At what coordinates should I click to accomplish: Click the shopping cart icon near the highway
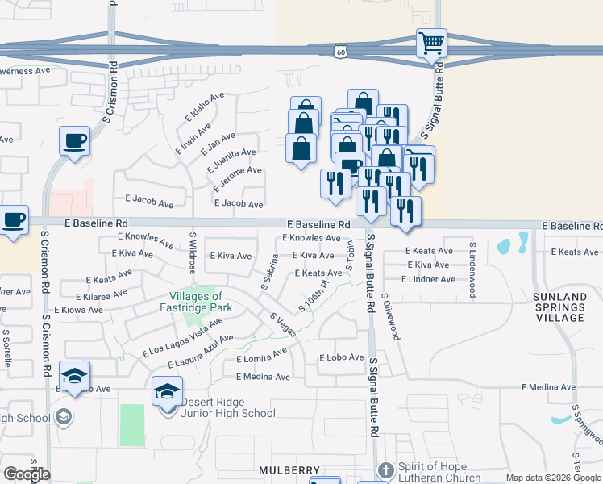(x=431, y=42)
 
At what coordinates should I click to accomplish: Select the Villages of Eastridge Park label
(x=200, y=302)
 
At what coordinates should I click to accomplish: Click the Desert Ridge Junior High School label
(x=227, y=407)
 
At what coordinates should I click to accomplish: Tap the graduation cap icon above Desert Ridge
(x=167, y=391)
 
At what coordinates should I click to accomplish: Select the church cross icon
(x=385, y=469)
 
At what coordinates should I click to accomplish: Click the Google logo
(x=27, y=474)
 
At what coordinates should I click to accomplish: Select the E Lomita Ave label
(x=261, y=356)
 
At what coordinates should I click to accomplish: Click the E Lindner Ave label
(x=430, y=279)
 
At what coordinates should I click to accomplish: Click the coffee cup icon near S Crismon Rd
(x=74, y=140)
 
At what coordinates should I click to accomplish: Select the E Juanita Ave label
(x=231, y=157)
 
